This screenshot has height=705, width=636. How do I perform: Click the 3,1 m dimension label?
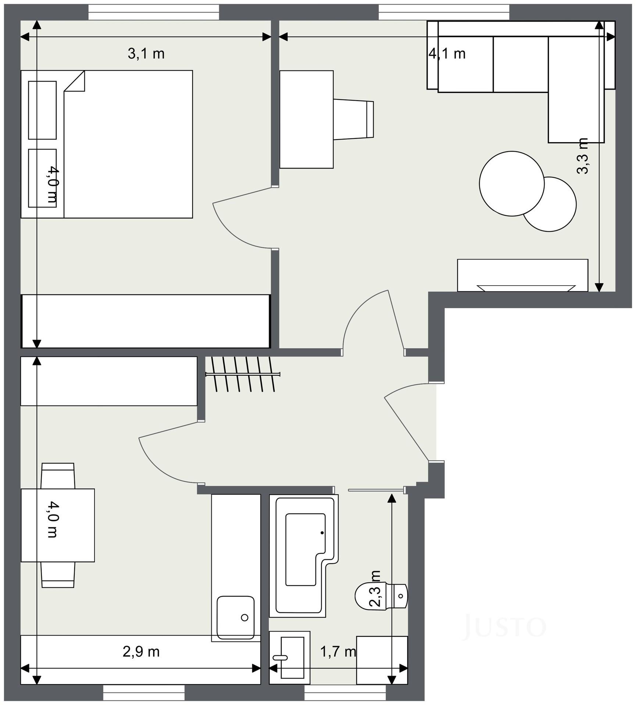pos(146,54)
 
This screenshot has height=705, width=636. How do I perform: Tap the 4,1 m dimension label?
pos(447,54)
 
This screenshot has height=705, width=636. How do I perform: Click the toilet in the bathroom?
pos(381,596)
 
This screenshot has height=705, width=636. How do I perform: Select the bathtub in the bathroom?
pos(304,556)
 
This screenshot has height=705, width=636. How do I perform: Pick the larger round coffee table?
pos(512,184)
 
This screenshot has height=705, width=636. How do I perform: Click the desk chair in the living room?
pos(354,120)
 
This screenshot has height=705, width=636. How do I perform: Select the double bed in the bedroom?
pos(107,144)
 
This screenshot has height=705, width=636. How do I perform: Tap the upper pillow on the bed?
pos(42,110)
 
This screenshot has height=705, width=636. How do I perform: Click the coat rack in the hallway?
pos(243,374)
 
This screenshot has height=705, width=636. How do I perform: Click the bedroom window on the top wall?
pos(154,12)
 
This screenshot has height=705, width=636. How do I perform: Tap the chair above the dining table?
pos(58,476)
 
